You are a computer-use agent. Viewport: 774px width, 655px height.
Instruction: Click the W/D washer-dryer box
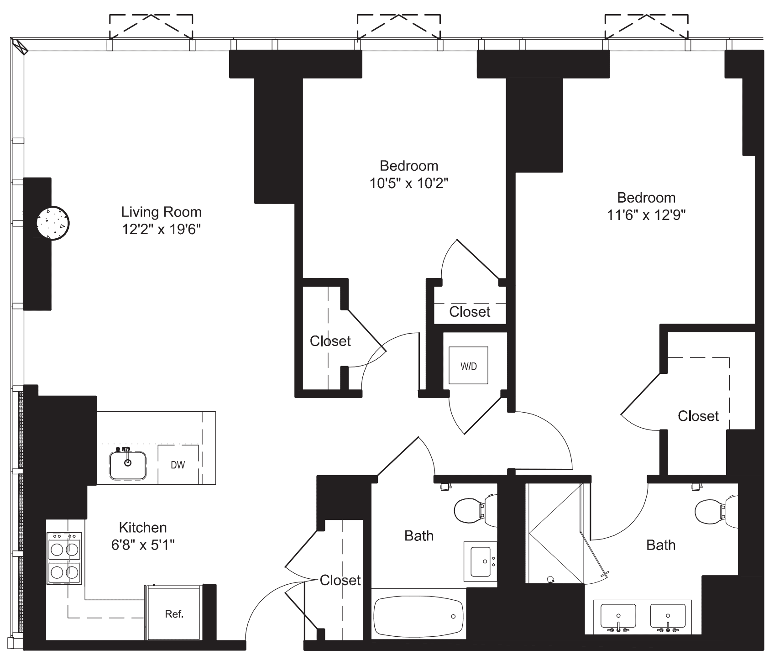click(x=468, y=366)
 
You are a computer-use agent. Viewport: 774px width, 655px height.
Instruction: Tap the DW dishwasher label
click(x=178, y=465)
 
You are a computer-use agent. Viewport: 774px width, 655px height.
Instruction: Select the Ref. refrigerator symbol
click(x=174, y=614)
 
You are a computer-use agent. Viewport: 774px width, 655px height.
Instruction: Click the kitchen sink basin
click(x=128, y=466)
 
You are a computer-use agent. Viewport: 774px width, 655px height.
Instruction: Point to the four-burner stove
click(x=64, y=559)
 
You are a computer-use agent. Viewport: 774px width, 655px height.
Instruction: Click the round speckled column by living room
click(x=53, y=223)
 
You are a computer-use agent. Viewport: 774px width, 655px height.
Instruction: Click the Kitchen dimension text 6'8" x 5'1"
click(x=143, y=545)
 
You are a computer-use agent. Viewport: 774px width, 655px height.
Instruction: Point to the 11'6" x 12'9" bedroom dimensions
click(x=646, y=215)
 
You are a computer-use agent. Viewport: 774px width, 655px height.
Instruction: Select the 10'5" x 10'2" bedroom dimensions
click(x=409, y=183)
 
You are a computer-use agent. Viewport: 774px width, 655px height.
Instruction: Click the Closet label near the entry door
click(x=340, y=580)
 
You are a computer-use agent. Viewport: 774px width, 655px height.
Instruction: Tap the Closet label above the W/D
click(x=470, y=312)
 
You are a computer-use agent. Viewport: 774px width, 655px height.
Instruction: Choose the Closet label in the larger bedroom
click(x=698, y=416)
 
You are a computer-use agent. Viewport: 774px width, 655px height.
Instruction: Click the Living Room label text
click(x=161, y=212)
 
